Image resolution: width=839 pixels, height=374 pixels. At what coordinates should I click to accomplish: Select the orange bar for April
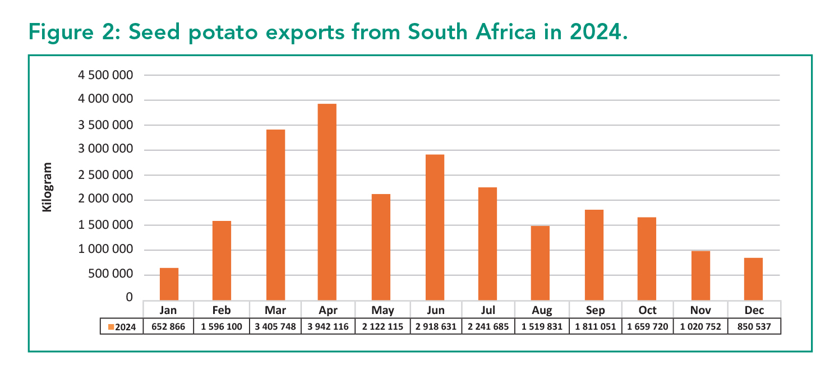point(327,202)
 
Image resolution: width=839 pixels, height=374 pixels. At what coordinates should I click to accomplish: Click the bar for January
point(169,284)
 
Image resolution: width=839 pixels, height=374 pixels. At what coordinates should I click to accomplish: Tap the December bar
point(753,279)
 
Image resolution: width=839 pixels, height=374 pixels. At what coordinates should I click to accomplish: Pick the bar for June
point(435,227)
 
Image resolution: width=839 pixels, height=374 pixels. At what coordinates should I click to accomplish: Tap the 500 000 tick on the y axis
point(112,274)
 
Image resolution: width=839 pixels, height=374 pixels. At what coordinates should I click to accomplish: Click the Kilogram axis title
point(48,187)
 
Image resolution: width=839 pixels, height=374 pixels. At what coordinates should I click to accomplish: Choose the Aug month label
point(542,310)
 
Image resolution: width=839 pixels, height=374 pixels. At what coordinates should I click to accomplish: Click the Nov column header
point(700,310)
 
